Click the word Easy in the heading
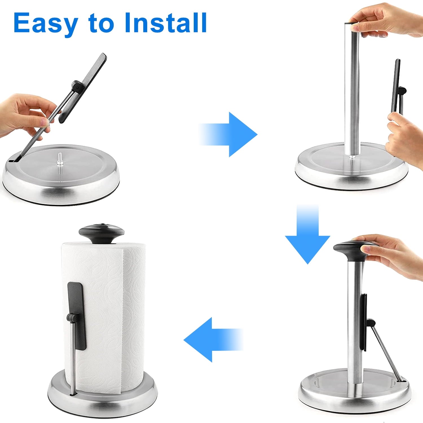(46, 23)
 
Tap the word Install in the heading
(166, 22)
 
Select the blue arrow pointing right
(228, 135)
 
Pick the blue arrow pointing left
(213, 340)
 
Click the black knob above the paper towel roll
(102, 233)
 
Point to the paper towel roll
(104, 316)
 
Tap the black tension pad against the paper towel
(77, 316)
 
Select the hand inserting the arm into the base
(27, 116)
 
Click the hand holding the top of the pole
(386, 21)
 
